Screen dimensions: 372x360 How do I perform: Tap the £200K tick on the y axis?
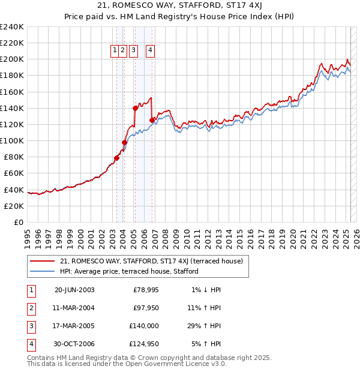(11, 59)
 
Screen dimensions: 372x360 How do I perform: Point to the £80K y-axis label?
(13, 157)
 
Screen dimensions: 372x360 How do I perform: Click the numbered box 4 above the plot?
(149, 51)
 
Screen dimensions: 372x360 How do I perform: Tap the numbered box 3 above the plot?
(132, 51)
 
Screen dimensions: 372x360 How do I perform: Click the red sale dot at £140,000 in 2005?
(136, 108)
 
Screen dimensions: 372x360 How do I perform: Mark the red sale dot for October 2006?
(152, 120)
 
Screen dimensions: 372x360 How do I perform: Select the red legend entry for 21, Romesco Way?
(151, 261)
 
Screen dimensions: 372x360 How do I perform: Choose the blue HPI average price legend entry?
(129, 271)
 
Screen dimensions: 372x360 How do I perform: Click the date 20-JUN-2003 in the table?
(74, 290)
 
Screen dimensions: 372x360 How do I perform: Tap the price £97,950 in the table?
(145, 308)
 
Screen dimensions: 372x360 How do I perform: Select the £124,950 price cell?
(143, 344)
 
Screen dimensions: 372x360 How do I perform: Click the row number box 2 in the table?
(30, 308)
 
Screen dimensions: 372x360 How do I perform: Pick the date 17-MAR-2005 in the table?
(74, 326)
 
